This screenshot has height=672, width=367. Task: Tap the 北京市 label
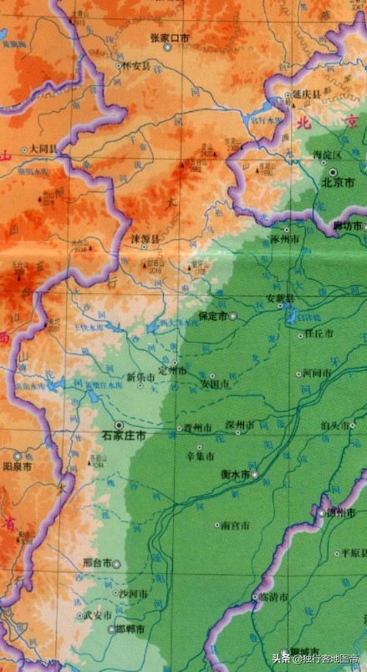[339, 181]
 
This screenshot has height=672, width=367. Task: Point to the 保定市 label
[213, 316]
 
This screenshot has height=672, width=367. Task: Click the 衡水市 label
[236, 474]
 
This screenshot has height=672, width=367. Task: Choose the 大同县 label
[42, 148]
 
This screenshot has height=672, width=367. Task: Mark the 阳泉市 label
[18, 466]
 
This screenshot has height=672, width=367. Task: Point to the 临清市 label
[273, 598]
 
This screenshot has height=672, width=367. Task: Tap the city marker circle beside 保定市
[233, 316]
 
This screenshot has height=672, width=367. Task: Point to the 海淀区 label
[328, 155]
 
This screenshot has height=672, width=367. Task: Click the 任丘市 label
[319, 333]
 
